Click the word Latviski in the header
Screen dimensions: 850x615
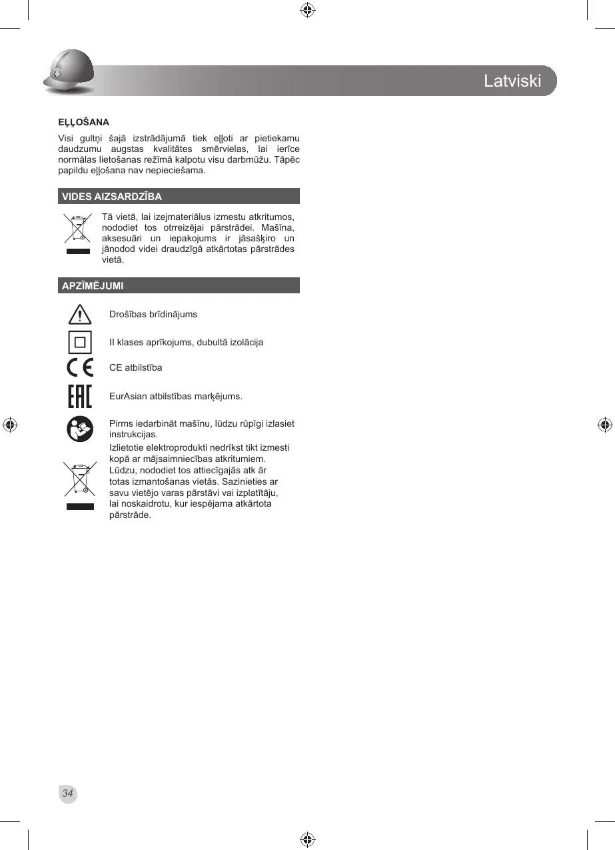512,81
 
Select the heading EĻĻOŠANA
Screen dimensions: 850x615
83,123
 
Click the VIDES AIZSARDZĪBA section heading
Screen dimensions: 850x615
112,197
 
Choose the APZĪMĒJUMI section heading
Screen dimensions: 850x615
92,286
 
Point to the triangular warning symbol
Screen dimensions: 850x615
80,313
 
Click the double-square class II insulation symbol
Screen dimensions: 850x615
80,343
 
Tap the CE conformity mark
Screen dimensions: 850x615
80,368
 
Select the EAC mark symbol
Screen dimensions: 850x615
80,396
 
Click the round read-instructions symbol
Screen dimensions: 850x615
80,428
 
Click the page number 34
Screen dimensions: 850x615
67,793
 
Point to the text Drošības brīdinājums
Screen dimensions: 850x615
153,314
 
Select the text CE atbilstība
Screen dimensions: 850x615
135,367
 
